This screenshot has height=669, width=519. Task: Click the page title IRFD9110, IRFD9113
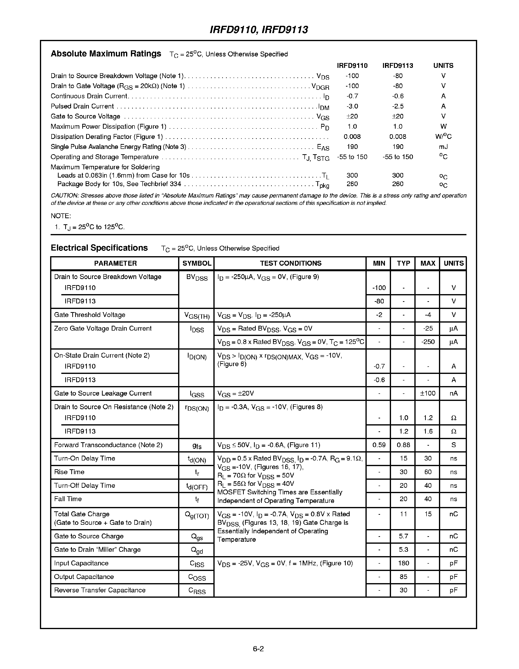click(259, 30)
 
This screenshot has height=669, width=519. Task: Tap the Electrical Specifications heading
click(99, 248)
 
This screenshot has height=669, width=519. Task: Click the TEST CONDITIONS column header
click(291, 263)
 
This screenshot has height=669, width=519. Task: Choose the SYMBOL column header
click(197, 263)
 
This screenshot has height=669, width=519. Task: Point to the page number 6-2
click(258, 649)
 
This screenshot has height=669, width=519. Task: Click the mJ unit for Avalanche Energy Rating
click(443, 147)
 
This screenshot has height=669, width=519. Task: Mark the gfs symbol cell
click(197, 446)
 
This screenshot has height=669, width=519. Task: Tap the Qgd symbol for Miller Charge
click(197, 551)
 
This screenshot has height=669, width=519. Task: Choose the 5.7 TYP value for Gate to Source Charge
click(403, 536)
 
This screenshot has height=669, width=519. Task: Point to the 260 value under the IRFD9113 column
click(397, 184)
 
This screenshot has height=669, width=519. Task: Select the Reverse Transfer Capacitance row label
click(100, 590)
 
